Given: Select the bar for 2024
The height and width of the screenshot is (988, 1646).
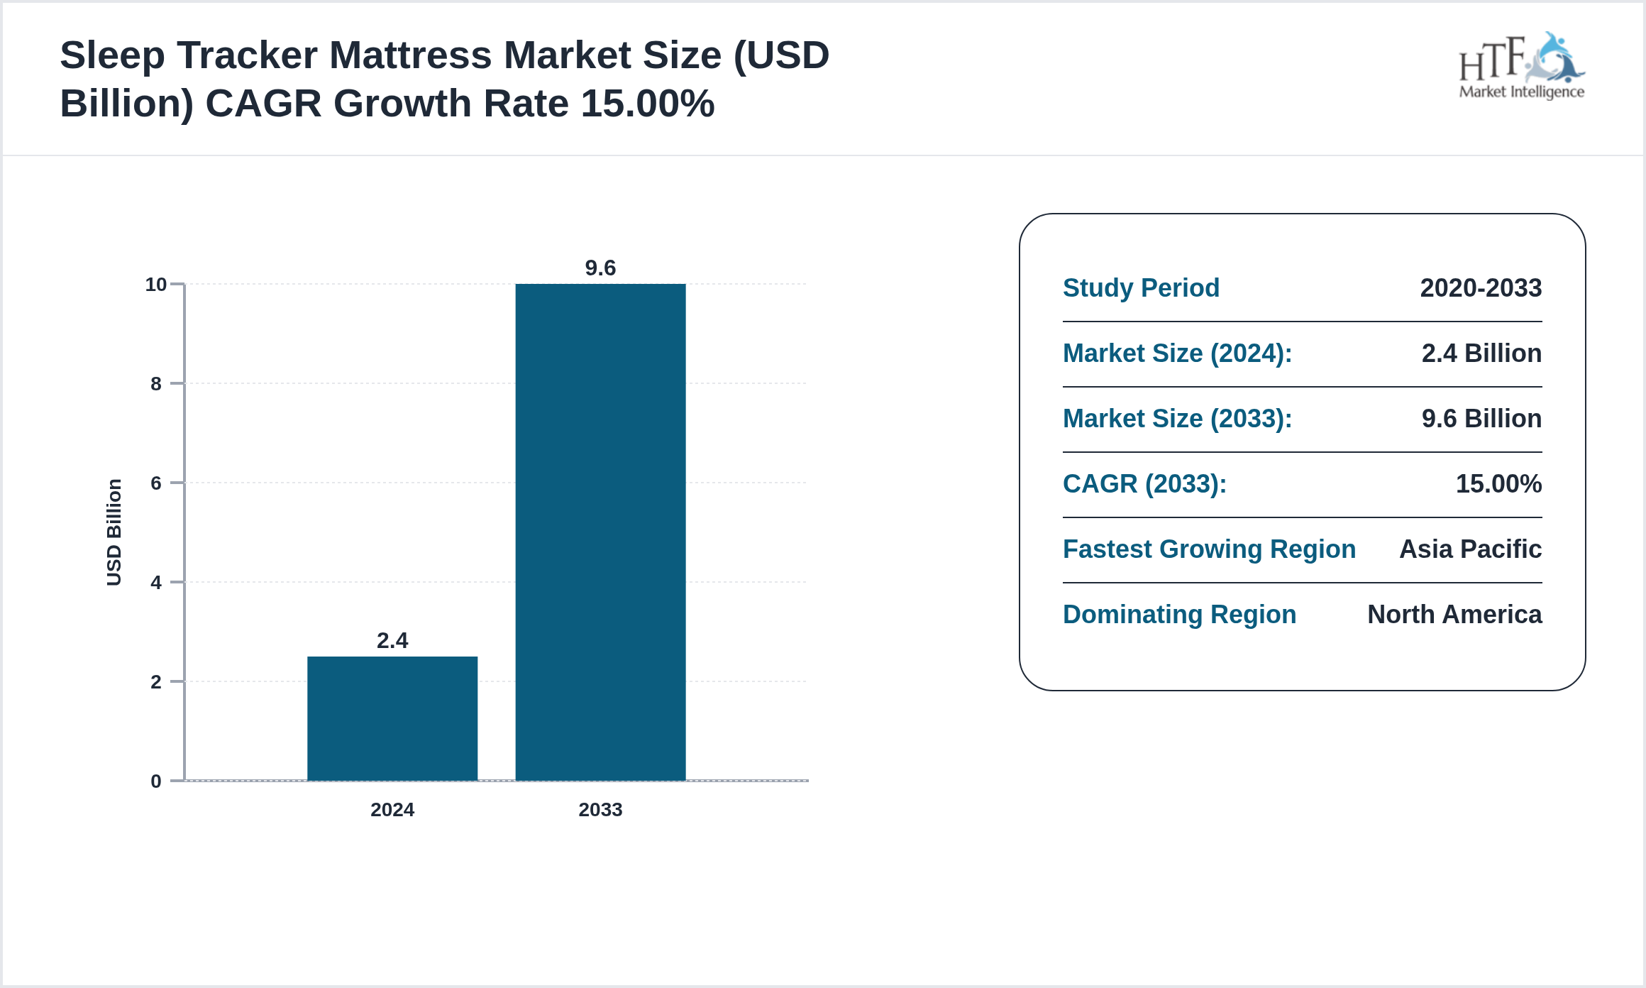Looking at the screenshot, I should [x=392, y=718].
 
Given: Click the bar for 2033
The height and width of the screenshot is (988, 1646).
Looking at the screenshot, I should [x=600, y=532].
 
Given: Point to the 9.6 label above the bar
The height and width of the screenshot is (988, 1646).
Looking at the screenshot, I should [x=600, y=268].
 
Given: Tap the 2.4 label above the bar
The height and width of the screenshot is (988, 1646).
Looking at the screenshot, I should [x=392, y=641].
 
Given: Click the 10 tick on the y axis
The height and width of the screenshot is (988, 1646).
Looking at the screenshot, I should [x=156, y=285].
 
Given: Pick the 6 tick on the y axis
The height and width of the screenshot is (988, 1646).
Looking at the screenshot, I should [x=156, y=483].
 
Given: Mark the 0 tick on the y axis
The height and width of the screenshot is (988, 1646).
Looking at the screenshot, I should [x=156, y=781].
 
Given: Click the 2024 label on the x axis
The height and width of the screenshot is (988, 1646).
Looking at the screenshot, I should [x=392, y=810].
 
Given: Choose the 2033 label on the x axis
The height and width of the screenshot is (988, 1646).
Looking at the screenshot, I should [x=600, y=810].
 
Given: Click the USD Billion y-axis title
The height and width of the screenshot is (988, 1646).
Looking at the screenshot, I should [x=114, y=532].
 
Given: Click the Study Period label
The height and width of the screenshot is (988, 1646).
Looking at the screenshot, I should [x=1141, y=288].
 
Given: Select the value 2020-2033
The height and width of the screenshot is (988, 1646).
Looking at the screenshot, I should [x=1481, y=288].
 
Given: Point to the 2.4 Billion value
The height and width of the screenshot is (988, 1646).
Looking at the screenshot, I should [x=1481, y=353].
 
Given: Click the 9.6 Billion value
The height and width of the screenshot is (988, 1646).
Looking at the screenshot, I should [x=1481, y=419].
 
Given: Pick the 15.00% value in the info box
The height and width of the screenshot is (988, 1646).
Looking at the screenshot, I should [x=1498, y=484].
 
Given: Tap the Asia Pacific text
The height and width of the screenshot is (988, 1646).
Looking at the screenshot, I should [x=1470, y=549].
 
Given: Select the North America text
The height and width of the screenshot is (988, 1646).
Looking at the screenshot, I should [x=1454, y=615].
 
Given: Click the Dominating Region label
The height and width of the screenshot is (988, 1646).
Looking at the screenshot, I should [x=1179, y=615].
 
